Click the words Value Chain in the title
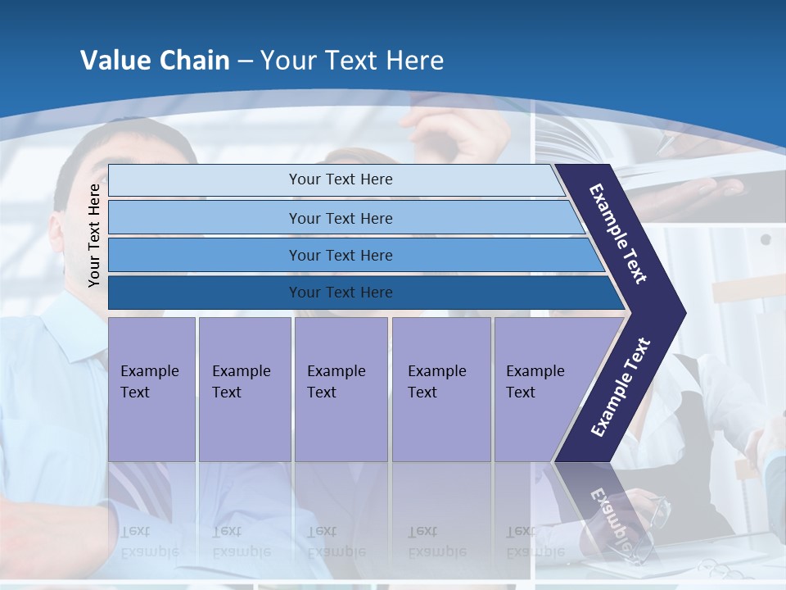tap(155, 61)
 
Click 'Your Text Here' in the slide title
tap(352, 61)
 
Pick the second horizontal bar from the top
tap(340, 218)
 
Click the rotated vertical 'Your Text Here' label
tap(94, 235)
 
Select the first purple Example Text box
tap(151, 388)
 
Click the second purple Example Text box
tap(244, 388)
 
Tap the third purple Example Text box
tap(340, 388)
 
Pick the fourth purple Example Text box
tap(440, 388)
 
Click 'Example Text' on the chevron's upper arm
tap(619, 234)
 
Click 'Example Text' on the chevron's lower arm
tap(621, 388)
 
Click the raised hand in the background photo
tap(450, 127)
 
